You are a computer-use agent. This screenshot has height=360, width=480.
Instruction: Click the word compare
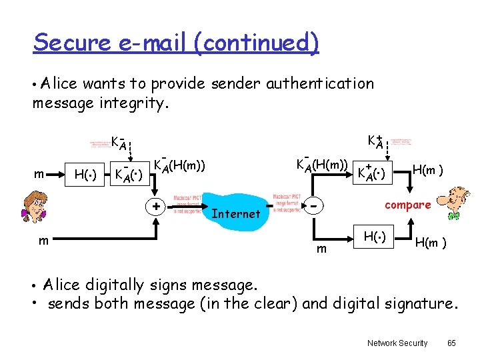point(407,205)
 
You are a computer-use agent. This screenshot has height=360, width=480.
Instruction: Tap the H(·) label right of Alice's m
point(85,175)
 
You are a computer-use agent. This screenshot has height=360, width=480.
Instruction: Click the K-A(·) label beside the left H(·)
point(129,175)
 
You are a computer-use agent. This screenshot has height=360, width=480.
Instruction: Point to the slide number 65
point(451,343)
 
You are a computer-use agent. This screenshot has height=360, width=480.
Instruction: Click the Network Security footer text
point(397,343)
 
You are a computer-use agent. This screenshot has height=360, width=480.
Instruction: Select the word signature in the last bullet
point(418,304)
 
